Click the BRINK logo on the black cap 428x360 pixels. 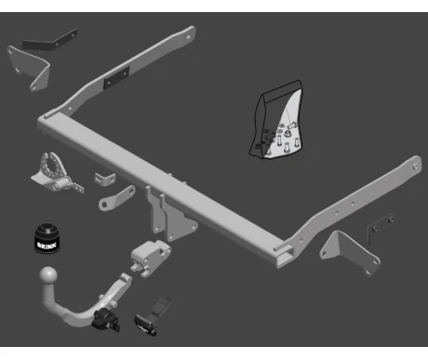47,245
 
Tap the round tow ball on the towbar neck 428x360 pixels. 48,275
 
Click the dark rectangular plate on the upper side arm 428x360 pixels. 116,77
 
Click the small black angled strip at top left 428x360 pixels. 49,41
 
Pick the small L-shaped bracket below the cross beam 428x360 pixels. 105,179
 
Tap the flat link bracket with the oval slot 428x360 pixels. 116,198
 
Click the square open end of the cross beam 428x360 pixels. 286,256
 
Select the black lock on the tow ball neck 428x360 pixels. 105,320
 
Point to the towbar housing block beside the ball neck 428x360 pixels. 151,259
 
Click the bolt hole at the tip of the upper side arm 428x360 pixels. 188,37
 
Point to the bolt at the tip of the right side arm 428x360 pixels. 416,167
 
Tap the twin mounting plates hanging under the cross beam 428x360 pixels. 171,215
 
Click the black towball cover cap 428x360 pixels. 47,238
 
